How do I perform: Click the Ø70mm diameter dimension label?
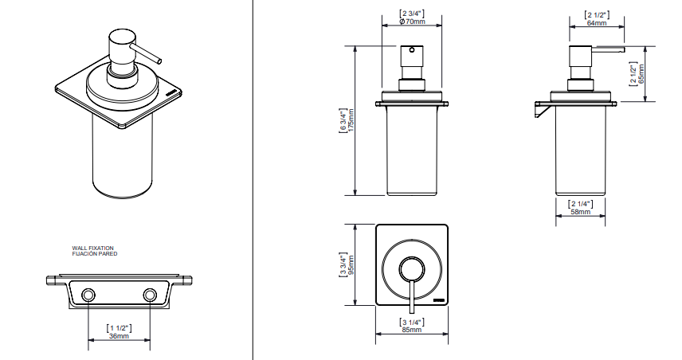click(x=412, y=22)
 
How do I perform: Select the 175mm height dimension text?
click(x=351, y=120)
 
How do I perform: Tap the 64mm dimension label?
click(x=596, y=22)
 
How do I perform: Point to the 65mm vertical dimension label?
click(x=641, y=74)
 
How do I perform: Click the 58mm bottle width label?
click(x=580, y=212)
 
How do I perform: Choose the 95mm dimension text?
click(x=351, y=264)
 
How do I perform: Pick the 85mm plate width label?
click(x=411, y=330)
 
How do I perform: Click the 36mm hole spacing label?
click(x=119, y=335)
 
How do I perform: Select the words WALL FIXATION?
click(x=92, y=248)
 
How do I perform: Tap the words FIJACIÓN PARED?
click(x=94, y=254)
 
